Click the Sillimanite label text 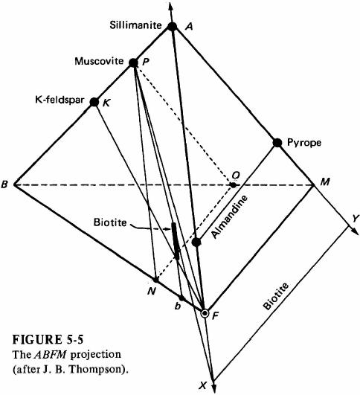pos(135,25)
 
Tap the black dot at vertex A pos(173,27)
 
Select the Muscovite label pos(99,61)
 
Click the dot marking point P pos(134,62)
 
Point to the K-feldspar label pos(60,100)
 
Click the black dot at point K pos(94,102)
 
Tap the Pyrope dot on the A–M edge pos(277,143)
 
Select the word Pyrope pos(304,143)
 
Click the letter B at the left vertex pos(4,184)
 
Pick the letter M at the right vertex pos(325,182)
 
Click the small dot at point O pos(234,185)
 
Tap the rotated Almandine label pos(229,216)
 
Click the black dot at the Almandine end pos(196,243)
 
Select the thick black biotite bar pos(176,241)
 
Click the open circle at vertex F pos(205,314)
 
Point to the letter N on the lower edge pos(151,291)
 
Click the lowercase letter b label pos(178,306)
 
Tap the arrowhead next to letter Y pos(356,232)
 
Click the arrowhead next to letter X pos(214,388)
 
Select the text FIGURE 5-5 pos(48,339)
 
